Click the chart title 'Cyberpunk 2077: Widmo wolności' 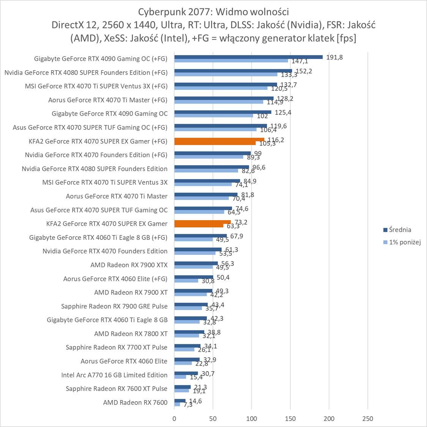[x=213, y=10]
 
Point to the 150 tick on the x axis [x=290, y=419]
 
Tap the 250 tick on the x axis [x=368, y=419]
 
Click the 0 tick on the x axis [x=174, y=419]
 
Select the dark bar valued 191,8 [x=248, y=57]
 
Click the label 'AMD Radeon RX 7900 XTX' [x=129, y=265]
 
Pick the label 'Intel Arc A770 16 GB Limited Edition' [x=114, y=375]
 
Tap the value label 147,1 [x=300, y=61]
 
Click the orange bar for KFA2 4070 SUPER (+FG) [x=219, y=140]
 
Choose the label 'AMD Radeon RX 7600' [x=135, y=402]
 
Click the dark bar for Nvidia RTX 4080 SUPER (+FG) [x=233, y=71]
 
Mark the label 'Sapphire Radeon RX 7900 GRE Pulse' [x=114, y=306]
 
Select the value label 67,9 [x=236, y=236]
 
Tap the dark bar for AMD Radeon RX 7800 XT [x=189, y=332]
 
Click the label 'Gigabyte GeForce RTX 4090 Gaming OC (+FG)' [x=101, y=58]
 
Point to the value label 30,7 [x=208, y=374]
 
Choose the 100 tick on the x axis [x=252, y=419]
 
